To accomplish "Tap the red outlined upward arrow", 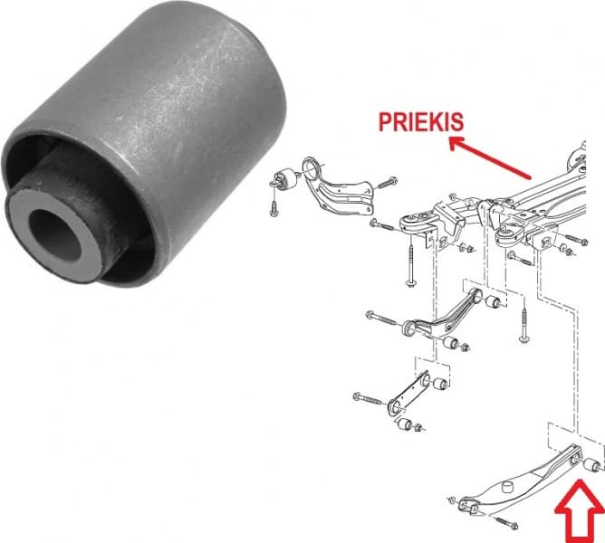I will (x=581, y=511).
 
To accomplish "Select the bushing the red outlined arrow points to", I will (x=592, y=465).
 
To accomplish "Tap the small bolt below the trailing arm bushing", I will (x=274, y=206).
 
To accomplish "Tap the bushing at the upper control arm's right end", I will (x=494, y=301).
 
